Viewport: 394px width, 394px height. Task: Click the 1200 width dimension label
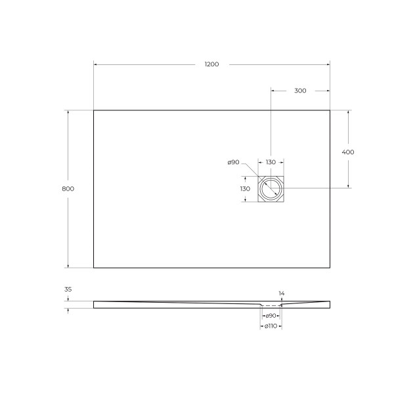211,64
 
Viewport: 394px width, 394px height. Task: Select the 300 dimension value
300,91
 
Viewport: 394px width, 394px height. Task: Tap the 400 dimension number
348,152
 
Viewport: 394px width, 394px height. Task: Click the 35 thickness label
68,289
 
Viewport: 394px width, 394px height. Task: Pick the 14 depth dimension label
282,293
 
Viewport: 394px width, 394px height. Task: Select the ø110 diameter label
271,326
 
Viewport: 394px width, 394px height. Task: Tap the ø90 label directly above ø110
271,316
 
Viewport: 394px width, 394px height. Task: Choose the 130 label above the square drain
271,162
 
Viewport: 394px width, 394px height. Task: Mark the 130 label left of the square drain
245,188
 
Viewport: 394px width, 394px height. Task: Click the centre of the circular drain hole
271,189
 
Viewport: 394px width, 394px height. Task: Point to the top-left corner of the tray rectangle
94,110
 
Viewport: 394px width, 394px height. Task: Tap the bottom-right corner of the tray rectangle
329,268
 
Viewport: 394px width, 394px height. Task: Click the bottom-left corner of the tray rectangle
94,268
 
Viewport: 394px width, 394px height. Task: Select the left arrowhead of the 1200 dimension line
96,64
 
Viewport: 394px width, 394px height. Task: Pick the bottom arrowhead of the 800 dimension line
68,266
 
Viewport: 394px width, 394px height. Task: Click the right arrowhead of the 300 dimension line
327,91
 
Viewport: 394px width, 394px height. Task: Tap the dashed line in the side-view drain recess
271,305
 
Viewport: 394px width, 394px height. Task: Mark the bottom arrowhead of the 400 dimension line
348,186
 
